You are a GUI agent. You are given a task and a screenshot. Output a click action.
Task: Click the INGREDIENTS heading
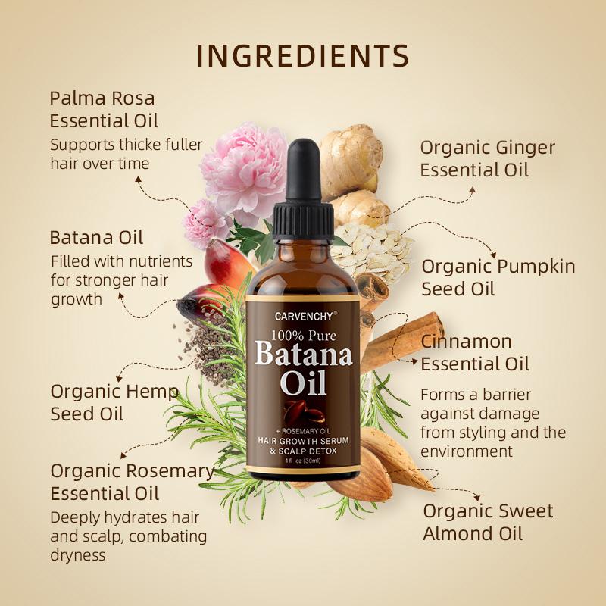303,57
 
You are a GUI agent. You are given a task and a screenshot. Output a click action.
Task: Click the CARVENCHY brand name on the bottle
301,311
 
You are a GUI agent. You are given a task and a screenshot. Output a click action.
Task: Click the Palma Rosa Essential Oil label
104,109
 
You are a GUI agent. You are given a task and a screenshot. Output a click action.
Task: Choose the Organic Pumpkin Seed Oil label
498,277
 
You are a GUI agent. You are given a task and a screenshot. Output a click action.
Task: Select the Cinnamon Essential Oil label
475,352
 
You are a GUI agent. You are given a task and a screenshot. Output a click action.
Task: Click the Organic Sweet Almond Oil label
488,521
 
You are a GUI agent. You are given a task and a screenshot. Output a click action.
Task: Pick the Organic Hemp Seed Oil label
114,402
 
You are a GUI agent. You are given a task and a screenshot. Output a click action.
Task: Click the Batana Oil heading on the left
96,237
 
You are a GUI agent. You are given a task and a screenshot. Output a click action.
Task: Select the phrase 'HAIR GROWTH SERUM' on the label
302,440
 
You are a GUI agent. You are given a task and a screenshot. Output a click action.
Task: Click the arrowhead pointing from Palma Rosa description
139,180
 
